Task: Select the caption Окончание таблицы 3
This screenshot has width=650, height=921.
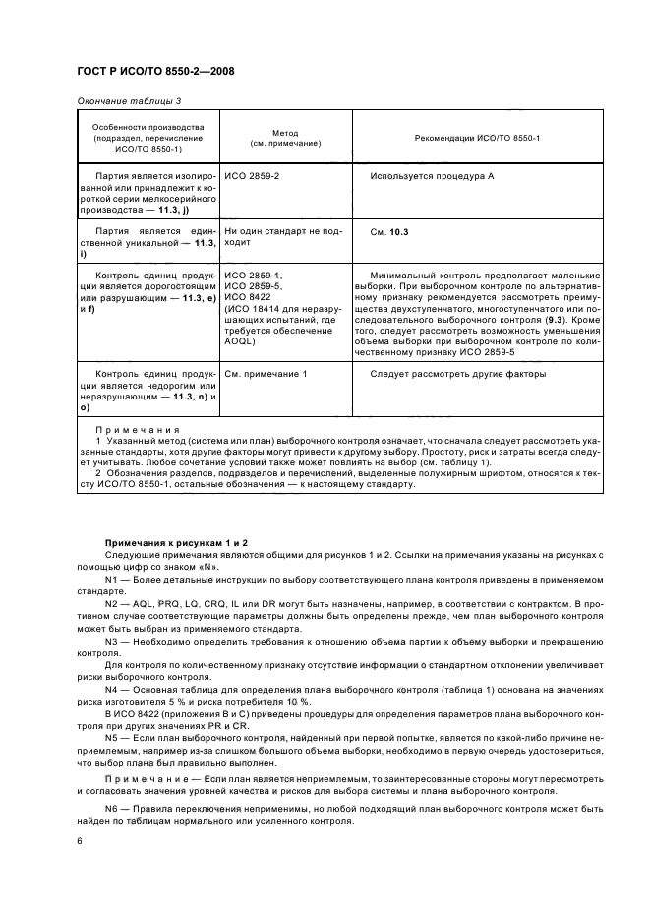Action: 128,101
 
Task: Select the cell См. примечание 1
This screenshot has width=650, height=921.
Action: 266,374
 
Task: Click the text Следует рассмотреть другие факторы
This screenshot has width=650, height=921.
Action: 458,374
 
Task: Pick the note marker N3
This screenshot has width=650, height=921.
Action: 112,642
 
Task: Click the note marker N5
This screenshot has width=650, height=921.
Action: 112,735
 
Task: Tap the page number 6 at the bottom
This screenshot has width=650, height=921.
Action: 80,841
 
